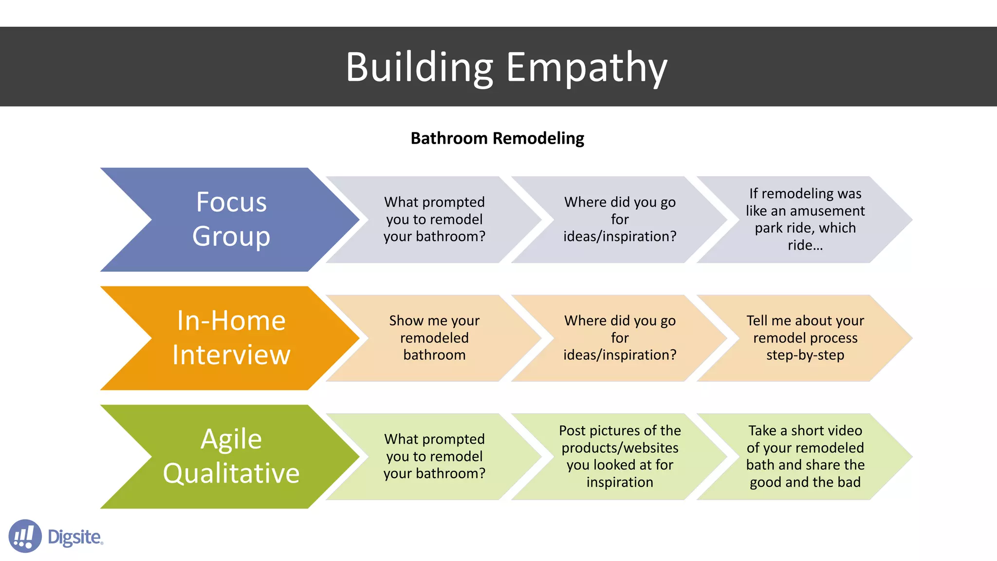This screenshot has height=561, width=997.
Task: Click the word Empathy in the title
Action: pos(586,68)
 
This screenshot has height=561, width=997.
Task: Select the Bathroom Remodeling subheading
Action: pos(497,138)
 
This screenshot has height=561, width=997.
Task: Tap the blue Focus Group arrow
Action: pos(231,219)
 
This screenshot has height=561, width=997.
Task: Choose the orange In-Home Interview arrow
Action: pos(231,337)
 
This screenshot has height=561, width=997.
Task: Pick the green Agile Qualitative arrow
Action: pos(231,456)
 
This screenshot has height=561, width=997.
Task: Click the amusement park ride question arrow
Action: pos(805,219)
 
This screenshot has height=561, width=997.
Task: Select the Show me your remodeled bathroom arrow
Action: pos(434,337)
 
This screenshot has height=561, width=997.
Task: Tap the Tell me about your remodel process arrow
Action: pos(805,337)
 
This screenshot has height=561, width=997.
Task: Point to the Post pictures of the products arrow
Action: pos(620,456)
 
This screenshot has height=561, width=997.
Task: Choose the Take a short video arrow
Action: pos(805,456)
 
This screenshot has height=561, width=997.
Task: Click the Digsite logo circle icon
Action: pos(25,536)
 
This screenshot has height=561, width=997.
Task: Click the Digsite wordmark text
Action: pos(75,537)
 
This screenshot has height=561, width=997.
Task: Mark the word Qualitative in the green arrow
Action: pos(231,473)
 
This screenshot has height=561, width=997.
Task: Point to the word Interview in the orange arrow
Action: pos(231,355)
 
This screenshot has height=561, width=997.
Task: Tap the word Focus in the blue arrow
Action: pos(231,202)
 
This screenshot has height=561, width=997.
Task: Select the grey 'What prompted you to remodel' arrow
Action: pos(434,219)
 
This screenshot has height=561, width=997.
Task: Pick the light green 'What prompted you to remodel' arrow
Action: pos(434,456)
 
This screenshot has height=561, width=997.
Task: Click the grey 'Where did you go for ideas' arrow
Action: pos(620,219)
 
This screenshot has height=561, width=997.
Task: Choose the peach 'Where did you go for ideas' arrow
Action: pos(620,337)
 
